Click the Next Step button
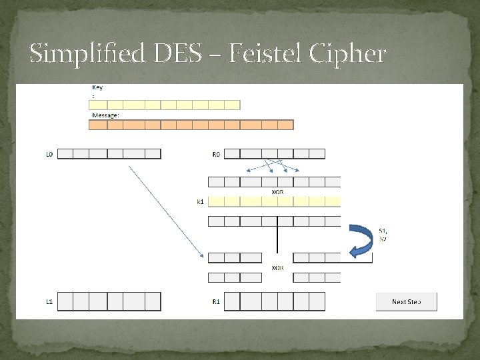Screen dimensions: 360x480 (x=407, y=301)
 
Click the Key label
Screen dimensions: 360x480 (x=97, y=87)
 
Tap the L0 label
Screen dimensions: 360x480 (x=49, y=154)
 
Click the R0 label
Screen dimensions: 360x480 (x=216, y=154)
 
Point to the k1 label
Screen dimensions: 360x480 (x=200, y=201)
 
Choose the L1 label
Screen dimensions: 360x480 (x=49, y=301)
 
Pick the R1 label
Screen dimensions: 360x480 (x=216, y=301)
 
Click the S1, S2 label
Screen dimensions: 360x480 (x=383, y=234)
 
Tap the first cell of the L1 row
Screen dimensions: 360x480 (x=65, y=301)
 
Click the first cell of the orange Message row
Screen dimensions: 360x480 (x=98, y=125)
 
